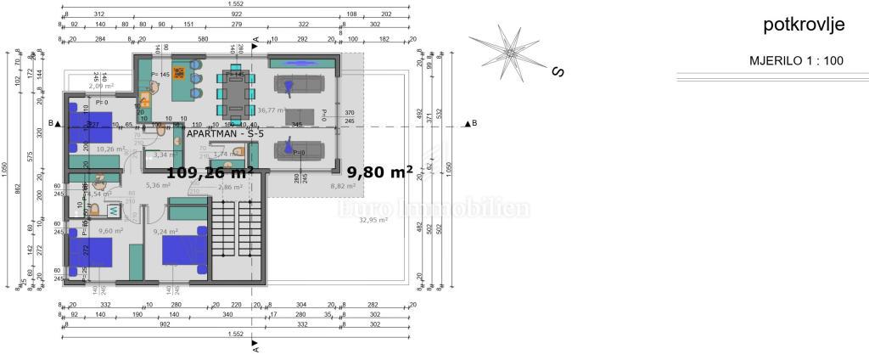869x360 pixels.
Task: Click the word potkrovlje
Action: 804,26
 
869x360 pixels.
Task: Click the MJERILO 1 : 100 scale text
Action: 796,61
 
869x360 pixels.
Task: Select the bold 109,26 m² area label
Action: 210,172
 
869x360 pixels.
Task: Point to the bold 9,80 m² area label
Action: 379,172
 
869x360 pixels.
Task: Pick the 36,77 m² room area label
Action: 271,110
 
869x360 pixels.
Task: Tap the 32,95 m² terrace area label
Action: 373,220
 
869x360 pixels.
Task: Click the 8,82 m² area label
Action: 342,186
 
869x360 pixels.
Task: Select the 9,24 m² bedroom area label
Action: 165,231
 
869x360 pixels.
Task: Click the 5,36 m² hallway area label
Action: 159,185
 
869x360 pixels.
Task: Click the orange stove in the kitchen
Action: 179,73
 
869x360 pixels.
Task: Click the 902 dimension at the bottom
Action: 164,323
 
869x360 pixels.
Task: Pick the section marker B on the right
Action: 474,124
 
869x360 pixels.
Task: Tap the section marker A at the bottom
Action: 255,348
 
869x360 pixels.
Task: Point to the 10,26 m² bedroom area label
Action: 111,149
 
